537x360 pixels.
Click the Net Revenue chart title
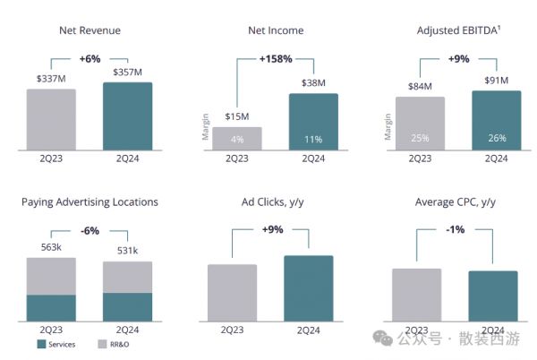[89, 30]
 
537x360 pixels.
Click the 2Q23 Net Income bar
[237, 138]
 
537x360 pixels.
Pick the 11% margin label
[313, 139]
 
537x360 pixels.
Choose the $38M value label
[314, 83]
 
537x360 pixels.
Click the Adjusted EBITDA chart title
[457, 30]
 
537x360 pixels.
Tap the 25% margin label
[420, 138]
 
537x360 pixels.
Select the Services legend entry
[55, 344]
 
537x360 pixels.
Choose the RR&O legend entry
[115, 344]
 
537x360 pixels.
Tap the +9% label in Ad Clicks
[273, 229]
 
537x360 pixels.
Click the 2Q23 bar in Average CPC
[416, 295]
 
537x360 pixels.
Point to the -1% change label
[456, 229]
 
